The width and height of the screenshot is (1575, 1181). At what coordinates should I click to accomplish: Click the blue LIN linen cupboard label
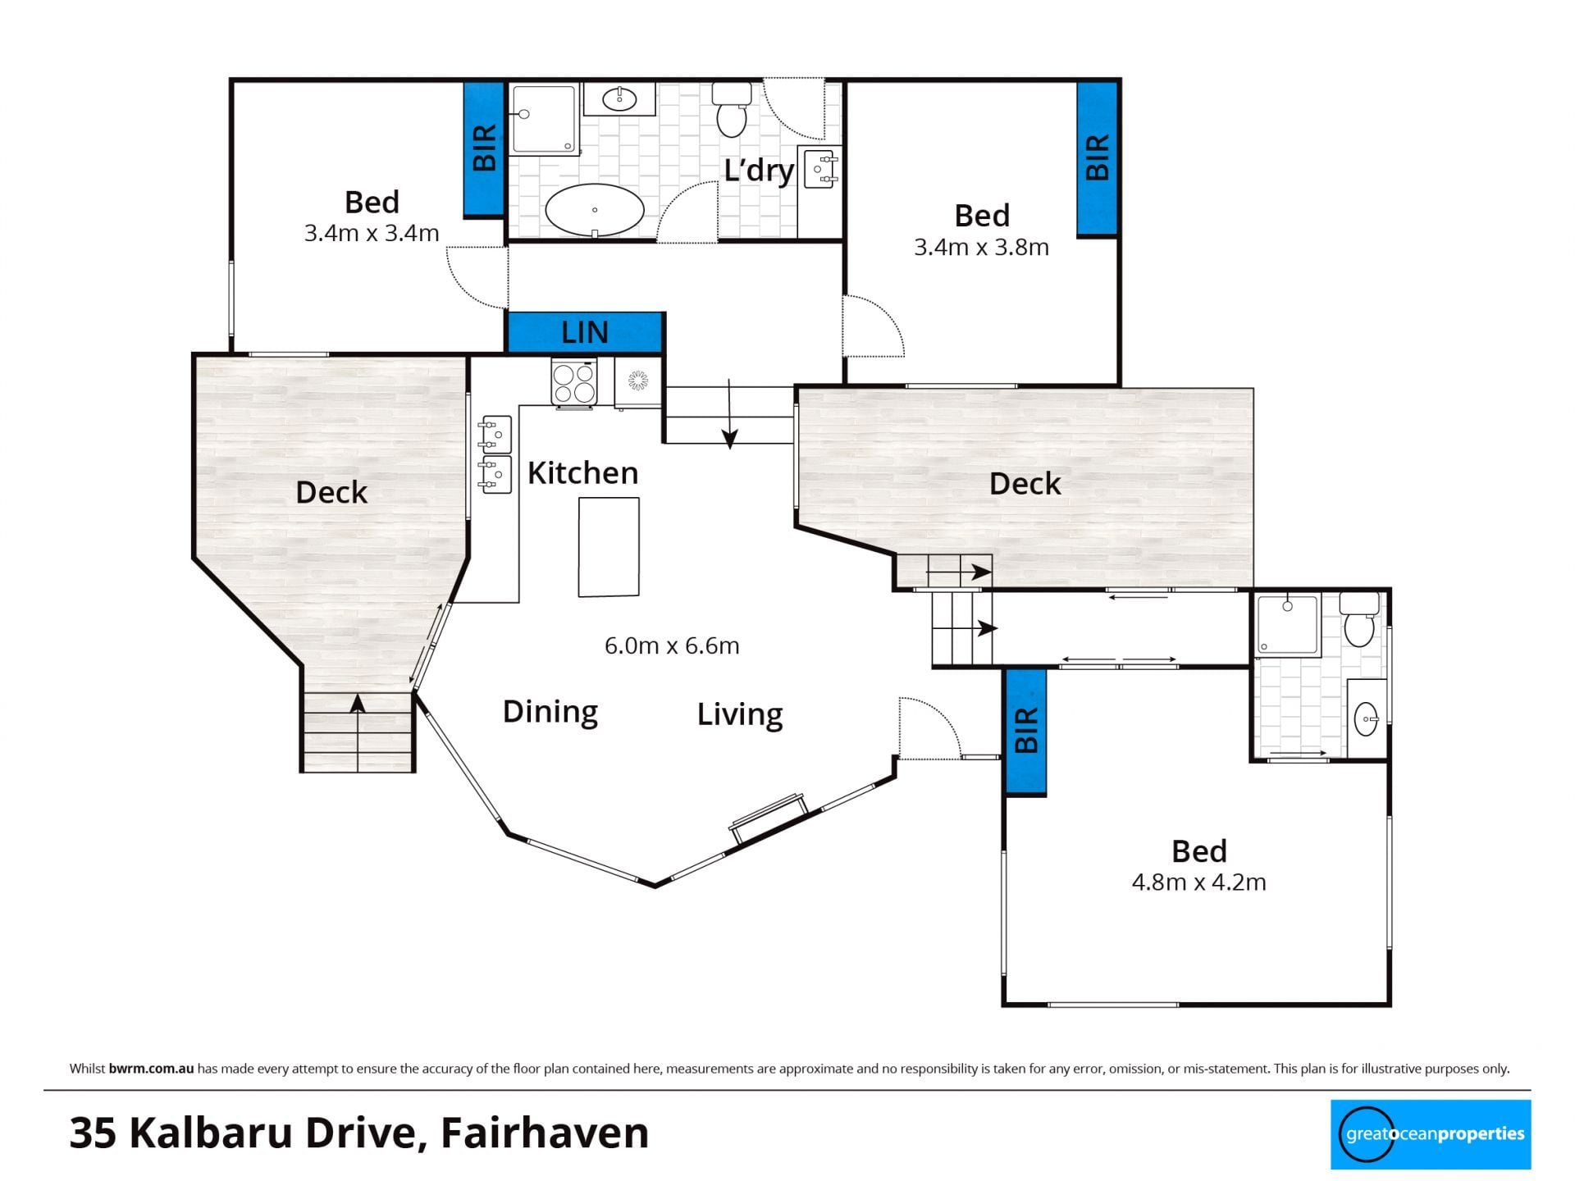(x=585, y=332)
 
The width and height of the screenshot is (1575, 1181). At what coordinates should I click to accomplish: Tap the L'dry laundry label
(x=759, y=171)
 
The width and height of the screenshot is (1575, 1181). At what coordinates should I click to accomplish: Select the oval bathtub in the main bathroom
(x=595, y=210)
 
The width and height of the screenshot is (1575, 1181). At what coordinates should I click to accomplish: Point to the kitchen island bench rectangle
(x=609, y=547)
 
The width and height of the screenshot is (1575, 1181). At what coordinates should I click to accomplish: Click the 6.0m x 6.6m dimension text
(x=672, y=645)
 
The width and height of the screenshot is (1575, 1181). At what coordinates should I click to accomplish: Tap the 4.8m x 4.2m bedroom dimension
(x=1198, y=882)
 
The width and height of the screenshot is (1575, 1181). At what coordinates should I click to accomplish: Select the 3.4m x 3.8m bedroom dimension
(x=981, y=247)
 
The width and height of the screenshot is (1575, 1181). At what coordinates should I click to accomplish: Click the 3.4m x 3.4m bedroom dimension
(x=372, y=233)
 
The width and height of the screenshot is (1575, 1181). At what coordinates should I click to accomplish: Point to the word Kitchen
(x=582, y=473)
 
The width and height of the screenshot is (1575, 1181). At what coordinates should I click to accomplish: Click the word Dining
(x=550, y=711)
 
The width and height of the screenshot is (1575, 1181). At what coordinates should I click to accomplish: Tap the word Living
(x=740, y=714)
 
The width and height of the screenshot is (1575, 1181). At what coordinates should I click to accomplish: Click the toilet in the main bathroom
(x=732, y=109)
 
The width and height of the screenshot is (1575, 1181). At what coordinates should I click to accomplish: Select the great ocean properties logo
(x=1431, y=1134)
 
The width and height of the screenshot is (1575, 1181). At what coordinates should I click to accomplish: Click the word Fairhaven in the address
(x=545, y=1133)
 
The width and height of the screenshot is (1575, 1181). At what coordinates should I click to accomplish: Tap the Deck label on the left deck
(x=331, y=492)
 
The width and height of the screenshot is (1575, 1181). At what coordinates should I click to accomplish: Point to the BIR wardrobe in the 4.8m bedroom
(x=1026, y=732)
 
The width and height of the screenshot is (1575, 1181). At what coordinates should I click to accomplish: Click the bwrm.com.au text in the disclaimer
(x=151, y=1069)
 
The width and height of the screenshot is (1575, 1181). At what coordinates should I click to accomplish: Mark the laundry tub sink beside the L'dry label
(x=820, y=170)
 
